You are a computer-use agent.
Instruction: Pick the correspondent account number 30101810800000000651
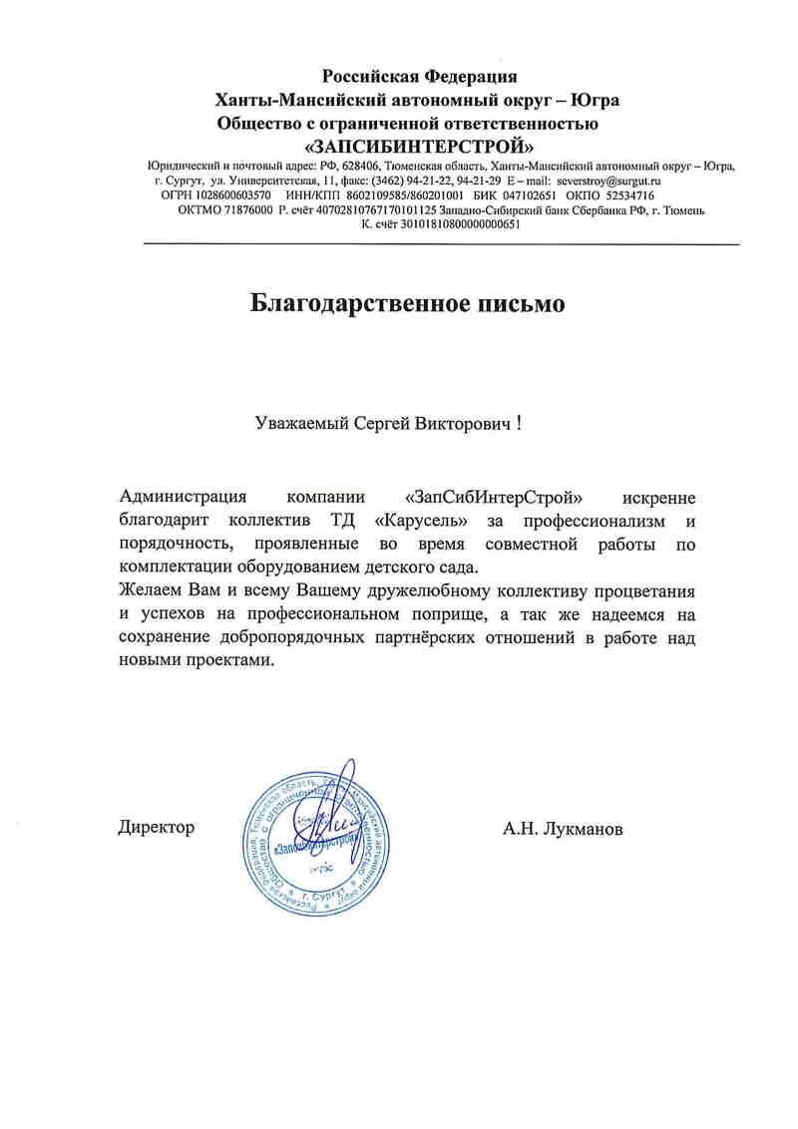(448, 224)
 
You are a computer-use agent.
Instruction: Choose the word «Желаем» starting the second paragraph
(146, 590)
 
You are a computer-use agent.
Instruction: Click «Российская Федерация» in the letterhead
(419, 76)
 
